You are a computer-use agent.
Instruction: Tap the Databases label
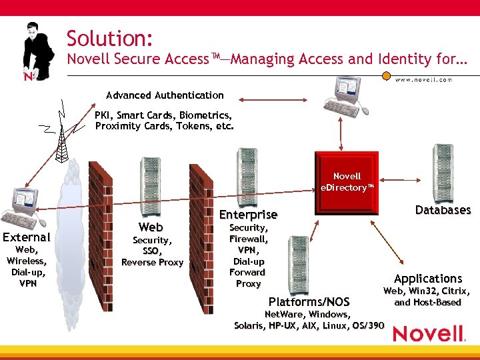443,210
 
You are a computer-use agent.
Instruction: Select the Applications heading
427,279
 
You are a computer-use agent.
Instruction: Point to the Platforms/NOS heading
309,302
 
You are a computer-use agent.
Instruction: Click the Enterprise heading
248,215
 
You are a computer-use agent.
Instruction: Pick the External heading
27,237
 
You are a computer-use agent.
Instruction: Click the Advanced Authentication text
165,95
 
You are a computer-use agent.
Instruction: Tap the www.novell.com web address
423,80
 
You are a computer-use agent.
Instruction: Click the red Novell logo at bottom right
428,333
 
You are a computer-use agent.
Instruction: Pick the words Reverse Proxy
152,262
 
